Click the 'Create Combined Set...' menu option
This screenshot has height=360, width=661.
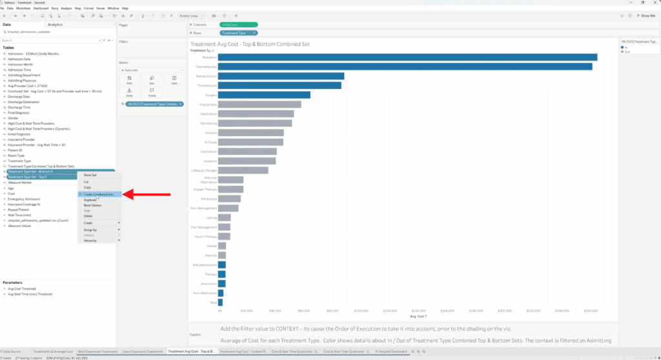point(99,194)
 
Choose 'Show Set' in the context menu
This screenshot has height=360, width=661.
point(90,175)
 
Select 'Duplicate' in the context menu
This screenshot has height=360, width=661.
point(90,200)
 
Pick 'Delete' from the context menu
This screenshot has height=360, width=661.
point(88,215)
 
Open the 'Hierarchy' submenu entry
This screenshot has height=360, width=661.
point(90,240)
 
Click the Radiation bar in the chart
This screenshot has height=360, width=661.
point(407,57)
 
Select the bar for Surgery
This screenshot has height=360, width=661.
point(264,95)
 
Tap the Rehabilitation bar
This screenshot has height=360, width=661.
point(281,76)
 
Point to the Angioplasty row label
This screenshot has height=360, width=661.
point(208,105)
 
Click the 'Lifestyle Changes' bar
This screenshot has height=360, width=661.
point(243,170)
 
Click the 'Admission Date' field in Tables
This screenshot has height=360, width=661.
point(19,59)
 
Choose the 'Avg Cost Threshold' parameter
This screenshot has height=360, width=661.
point(22,288)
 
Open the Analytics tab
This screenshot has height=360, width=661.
point(55,25)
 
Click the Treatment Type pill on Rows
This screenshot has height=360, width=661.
point(238,32)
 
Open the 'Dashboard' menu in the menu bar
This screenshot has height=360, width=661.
point(41,8)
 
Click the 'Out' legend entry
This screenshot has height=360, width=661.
point(625,52)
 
